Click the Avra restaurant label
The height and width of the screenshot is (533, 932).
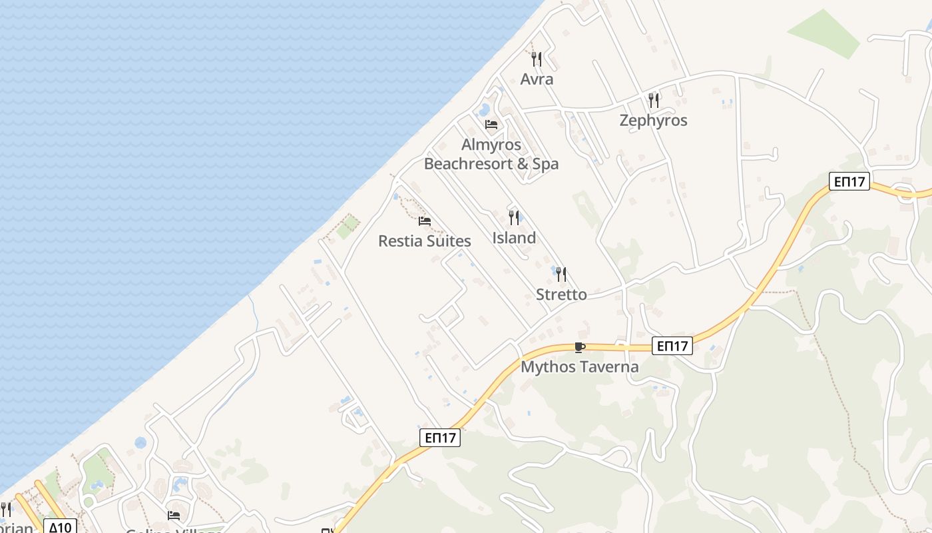[x=537, y=79]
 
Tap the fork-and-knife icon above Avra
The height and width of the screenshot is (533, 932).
[x=537, y=59]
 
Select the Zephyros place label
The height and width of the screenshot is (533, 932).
[x=653, y=121]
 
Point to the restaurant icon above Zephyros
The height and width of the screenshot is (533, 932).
[x=654, y=101]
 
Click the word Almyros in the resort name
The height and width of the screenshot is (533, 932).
[x=491, y=145]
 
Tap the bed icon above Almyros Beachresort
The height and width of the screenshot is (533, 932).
[x=491, y=125]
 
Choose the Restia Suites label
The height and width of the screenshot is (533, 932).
[x=425, y=241]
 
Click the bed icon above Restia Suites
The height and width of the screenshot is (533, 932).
[x=425, y=221]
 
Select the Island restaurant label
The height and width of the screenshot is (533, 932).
[x=514, y=238]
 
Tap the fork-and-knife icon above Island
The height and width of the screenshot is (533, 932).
[x=514, y=218]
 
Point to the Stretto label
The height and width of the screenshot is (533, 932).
[x=561, y=294]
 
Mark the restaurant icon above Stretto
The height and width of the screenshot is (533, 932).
[x=561, y=274]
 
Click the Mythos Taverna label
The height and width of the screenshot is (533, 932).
[x=579, y=367]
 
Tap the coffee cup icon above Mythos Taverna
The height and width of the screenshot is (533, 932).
[x=579, y=347]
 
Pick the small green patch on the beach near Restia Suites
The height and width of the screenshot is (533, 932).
[x=348, y=227]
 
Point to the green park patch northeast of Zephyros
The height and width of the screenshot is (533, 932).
[x=824, y=33]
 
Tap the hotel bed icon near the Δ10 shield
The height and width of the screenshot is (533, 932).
[x=174, y=516]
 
